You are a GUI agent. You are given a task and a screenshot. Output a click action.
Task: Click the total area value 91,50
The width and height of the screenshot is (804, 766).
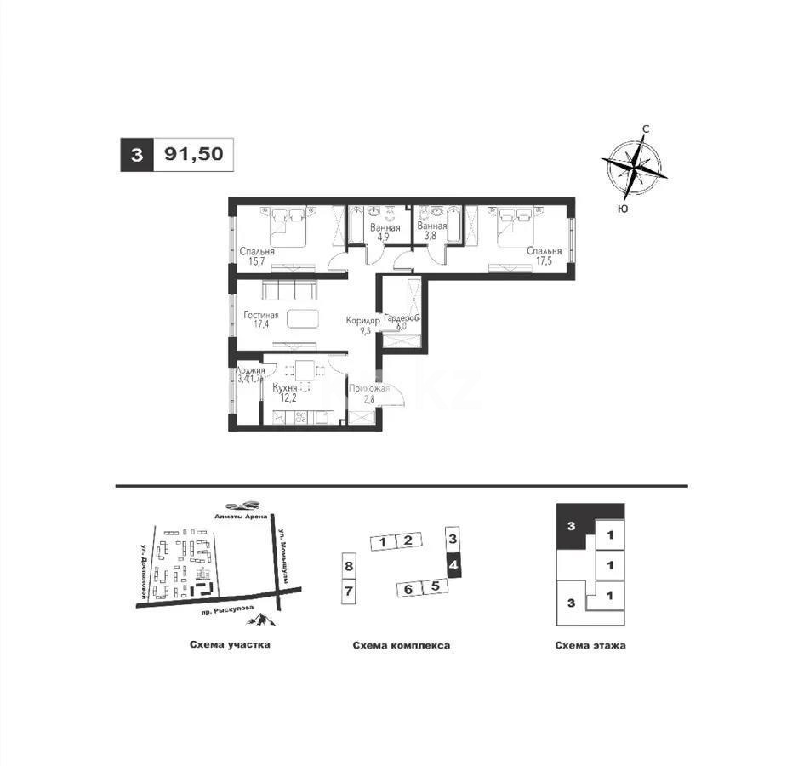click(x=193, y=155)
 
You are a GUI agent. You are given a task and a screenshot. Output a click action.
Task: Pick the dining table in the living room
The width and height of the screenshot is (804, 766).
click(x=304, y=319)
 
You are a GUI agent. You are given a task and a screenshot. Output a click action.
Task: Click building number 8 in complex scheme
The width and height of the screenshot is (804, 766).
click(x=348, y=565)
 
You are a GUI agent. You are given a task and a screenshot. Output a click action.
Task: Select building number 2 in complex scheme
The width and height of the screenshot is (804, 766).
click(x=408, y=541)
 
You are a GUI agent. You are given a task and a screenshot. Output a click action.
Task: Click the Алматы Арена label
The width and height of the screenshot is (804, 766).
click(x=240, y=516)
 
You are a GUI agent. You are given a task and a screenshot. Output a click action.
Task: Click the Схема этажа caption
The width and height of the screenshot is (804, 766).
click(x=590, y=645)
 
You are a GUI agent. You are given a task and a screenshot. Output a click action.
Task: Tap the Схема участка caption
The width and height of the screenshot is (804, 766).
click(x=230, y=644)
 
